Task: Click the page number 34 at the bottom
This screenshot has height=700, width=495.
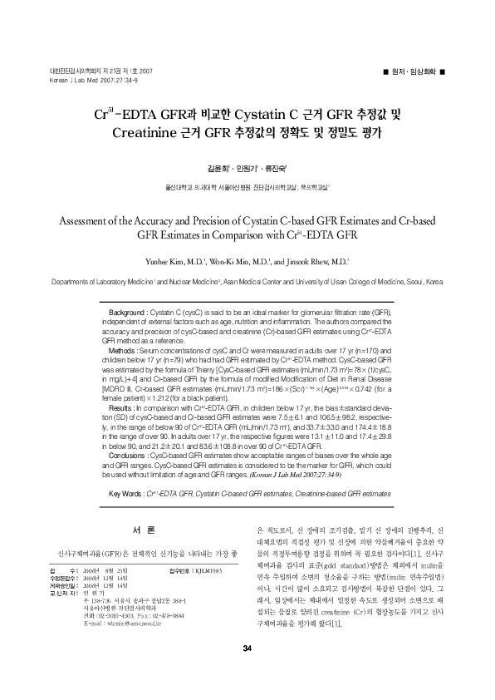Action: coord(247,672)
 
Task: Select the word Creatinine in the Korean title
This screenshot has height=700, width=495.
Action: coord(151,131)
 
